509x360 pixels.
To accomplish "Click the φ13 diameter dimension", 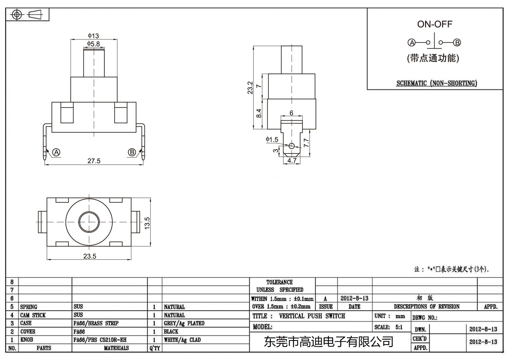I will (94, 36).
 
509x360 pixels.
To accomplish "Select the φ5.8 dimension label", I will (94, 44).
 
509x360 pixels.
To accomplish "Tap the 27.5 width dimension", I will (94, 161).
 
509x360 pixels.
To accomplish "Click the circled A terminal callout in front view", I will (56, 152).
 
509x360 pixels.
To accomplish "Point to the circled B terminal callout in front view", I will (132, 152).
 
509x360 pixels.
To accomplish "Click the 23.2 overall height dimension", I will (250, 88).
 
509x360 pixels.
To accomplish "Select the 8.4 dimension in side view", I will (259, 113).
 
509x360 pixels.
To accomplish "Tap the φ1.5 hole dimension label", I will (272, 139).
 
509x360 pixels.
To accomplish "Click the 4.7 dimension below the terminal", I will (292, 160).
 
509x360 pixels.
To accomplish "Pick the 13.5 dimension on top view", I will (147, 223).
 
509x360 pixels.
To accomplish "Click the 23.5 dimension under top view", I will (90, 256).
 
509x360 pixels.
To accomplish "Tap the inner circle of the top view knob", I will (89, 222).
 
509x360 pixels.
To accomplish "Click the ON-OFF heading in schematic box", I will (435, 24).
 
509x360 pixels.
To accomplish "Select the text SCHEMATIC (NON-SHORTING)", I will (436, 83).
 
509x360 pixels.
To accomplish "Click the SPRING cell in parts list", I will (29, 307).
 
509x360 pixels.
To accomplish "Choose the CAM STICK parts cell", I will (33, 315).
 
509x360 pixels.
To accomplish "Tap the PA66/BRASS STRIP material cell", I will (96, 323).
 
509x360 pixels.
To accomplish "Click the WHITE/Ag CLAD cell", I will (182, 340).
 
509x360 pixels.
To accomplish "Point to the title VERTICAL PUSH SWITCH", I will (312, 316).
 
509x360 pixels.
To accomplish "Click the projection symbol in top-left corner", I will (27, 15).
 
